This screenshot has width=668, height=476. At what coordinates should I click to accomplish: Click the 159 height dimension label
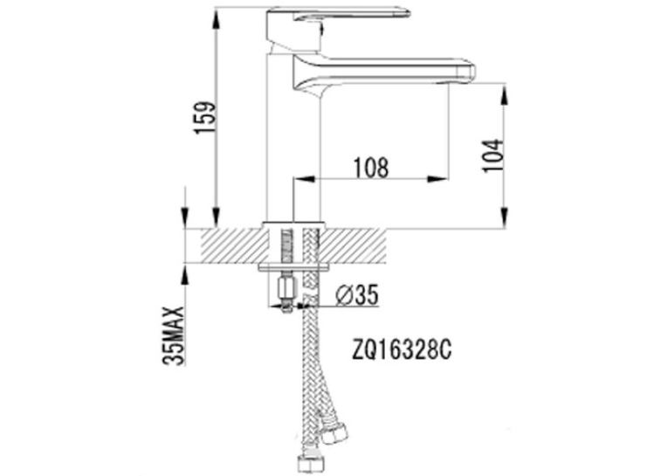coord(203,118)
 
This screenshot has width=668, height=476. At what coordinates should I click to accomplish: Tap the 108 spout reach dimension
coord(371,167)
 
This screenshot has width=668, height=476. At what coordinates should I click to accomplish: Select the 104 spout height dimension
coord(492,155)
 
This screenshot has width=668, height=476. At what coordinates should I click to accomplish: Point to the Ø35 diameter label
coord(357,295)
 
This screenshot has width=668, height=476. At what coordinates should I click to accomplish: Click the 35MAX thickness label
coord(174,336)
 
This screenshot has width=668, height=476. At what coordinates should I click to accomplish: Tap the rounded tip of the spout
coord(469,72)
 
